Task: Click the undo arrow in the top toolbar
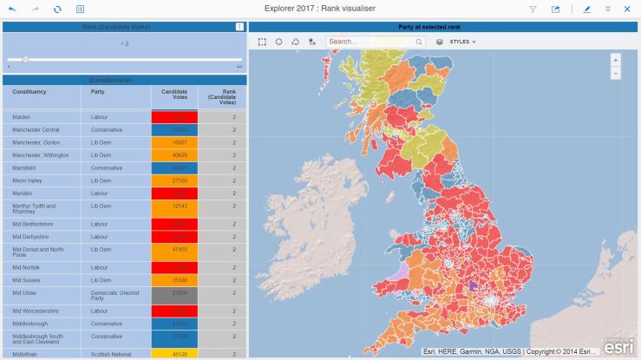(x=12, y=9)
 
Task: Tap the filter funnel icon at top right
(x=533, y=9)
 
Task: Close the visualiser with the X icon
(x=627, y=9)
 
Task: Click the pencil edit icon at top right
(x=587, y=9)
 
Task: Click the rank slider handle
(x=25, y=59)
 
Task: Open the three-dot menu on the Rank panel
(x=240, y=27)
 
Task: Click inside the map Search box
(x=369, y=42)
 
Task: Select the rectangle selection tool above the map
(x=263, y=42)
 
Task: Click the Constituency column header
(x=29, y=91)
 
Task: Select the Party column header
(x=98, y=91)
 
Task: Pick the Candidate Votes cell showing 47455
(x=174, y=249)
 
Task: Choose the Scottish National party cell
(x=108, y=354)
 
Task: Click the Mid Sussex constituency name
(x=26, y=280)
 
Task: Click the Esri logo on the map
(x=618, y=346)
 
